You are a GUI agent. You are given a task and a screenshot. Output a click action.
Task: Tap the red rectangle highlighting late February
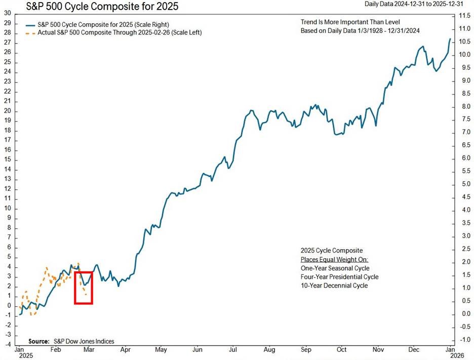(x=83, y=288)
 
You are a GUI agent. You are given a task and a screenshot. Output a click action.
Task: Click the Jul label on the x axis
(x=233, y=349)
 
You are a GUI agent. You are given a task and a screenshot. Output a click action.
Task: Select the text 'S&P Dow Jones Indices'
(x=83, y=341)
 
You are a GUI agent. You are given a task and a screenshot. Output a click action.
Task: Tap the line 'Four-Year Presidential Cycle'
(x=339, y=277)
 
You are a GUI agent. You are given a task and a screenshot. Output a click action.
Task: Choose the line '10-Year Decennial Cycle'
(x=334, y=286)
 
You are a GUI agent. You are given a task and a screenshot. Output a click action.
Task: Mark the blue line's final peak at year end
(x=450, y=39)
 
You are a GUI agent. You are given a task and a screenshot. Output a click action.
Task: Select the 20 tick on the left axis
(x=7, y=111)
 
